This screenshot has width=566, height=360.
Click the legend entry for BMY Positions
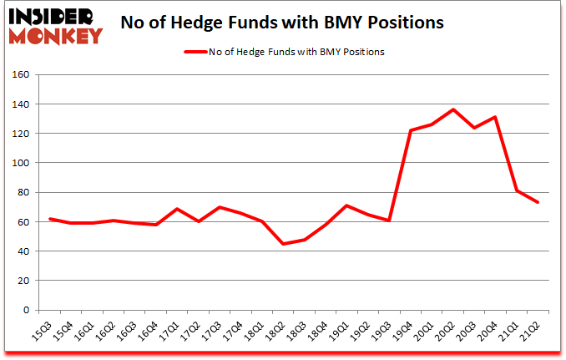(x=284, y=52)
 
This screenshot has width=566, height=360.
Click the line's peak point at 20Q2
(x=452, y=109)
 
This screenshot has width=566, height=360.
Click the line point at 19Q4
(x=410, y=130)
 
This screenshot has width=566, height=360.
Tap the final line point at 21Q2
(x=538, y=202)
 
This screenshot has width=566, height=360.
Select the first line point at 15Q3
(x=51, y=219)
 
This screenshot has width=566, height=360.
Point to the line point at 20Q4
(x=496, y=117)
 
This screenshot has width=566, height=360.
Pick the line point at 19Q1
(x=346, y=205)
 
